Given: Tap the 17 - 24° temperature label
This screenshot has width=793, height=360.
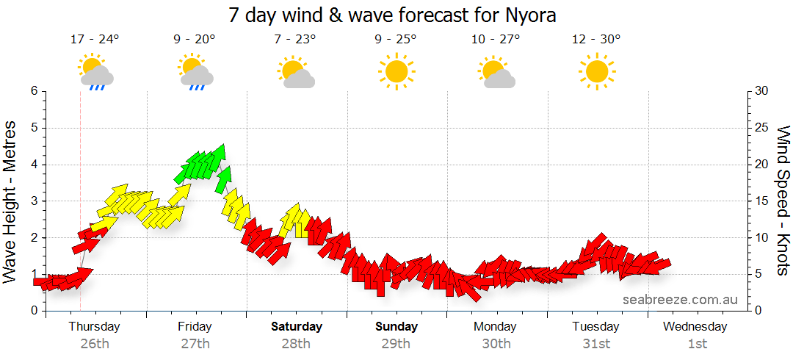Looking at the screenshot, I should coord(95,40).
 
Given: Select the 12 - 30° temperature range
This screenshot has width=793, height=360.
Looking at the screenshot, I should coord(596,40).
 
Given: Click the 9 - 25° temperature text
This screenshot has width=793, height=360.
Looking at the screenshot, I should coord(396,40).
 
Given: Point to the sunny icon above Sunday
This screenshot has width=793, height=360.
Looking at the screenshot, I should coord(396,71).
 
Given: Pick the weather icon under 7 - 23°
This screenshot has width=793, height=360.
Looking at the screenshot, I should coord(296,72).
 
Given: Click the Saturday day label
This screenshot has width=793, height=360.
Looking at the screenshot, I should coord(296,326).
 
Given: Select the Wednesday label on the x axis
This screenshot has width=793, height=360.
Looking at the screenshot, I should coord(697,326).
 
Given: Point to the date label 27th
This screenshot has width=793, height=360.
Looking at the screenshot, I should coord(195,343).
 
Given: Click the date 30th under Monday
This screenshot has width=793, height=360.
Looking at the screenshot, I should coord(496,343).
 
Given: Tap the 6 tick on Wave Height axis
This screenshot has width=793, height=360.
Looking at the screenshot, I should coord(33,91).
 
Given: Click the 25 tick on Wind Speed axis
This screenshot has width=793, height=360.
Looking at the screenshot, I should coord(761,128).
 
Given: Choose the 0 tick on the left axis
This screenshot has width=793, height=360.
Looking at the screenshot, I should coord(33,311).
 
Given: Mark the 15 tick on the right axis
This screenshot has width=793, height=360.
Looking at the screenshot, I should coord(761,201).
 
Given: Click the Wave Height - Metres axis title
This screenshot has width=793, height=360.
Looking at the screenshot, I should coord(10,201).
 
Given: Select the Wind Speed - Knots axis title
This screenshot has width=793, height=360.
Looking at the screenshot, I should coord(783,201).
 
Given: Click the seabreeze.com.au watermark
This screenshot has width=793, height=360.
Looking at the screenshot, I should coord(680,300).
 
